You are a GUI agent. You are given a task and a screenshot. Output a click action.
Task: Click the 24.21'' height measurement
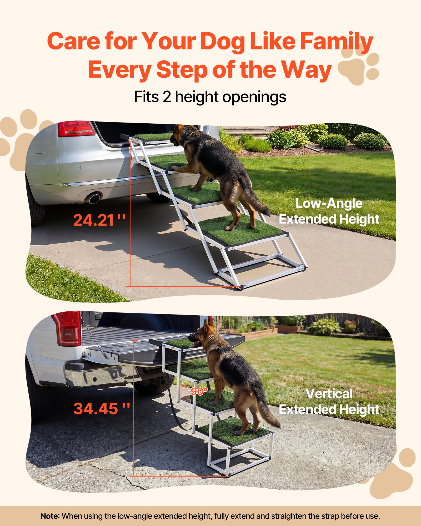click(x=99, y=220)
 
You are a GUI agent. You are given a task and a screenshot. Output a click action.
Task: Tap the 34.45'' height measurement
click(x=102, y=408)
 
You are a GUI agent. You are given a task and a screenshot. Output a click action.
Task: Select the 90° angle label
click(x=199, y=392)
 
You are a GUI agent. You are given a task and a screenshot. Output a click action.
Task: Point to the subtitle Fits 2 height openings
click(x=210, y=97)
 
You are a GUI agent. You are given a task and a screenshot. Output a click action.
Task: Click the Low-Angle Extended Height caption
click(x=329, y=211)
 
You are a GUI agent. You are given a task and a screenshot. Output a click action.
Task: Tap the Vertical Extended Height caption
click(x=329, y=402)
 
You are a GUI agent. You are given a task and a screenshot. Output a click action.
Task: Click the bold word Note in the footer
click(x=50, y=516)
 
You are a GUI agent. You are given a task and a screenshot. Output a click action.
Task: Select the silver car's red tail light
click(x=76, y=129)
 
